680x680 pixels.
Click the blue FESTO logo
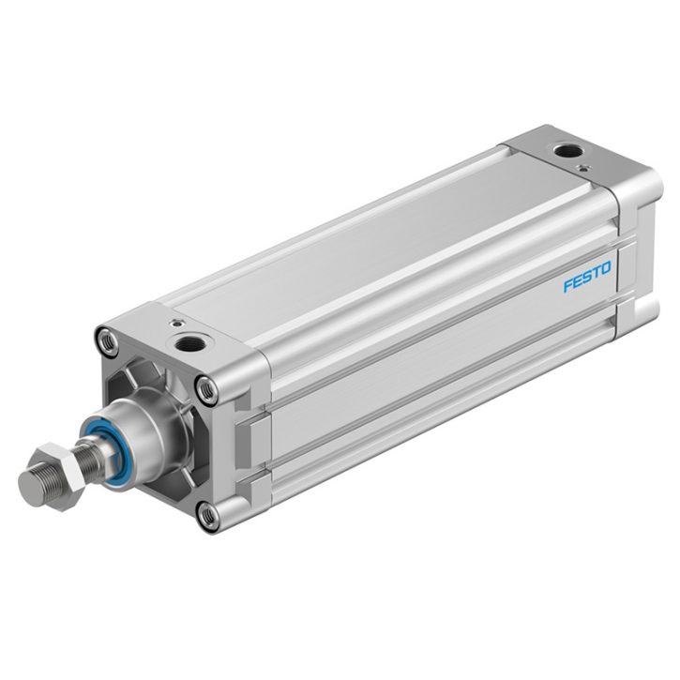pyautogui.click(x=587, y=277)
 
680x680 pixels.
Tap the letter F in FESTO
pyautogui.click(x=568, y=286)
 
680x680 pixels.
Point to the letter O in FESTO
pyautogui.click(x=605, y=267)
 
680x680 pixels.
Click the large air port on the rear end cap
pyautogui.click(x=568, y=151)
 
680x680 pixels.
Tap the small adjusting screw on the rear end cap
pyautogui.click(x=583, y=168)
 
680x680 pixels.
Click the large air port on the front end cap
pyautogui.click(x=189, y=344)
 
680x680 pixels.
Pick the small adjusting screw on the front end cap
pyautogui.click(x=177, y=323)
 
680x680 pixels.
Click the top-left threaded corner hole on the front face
pyautogui.click(x=108, y=342)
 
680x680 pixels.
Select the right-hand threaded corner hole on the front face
pyautogui.click(x=207, y=390)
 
